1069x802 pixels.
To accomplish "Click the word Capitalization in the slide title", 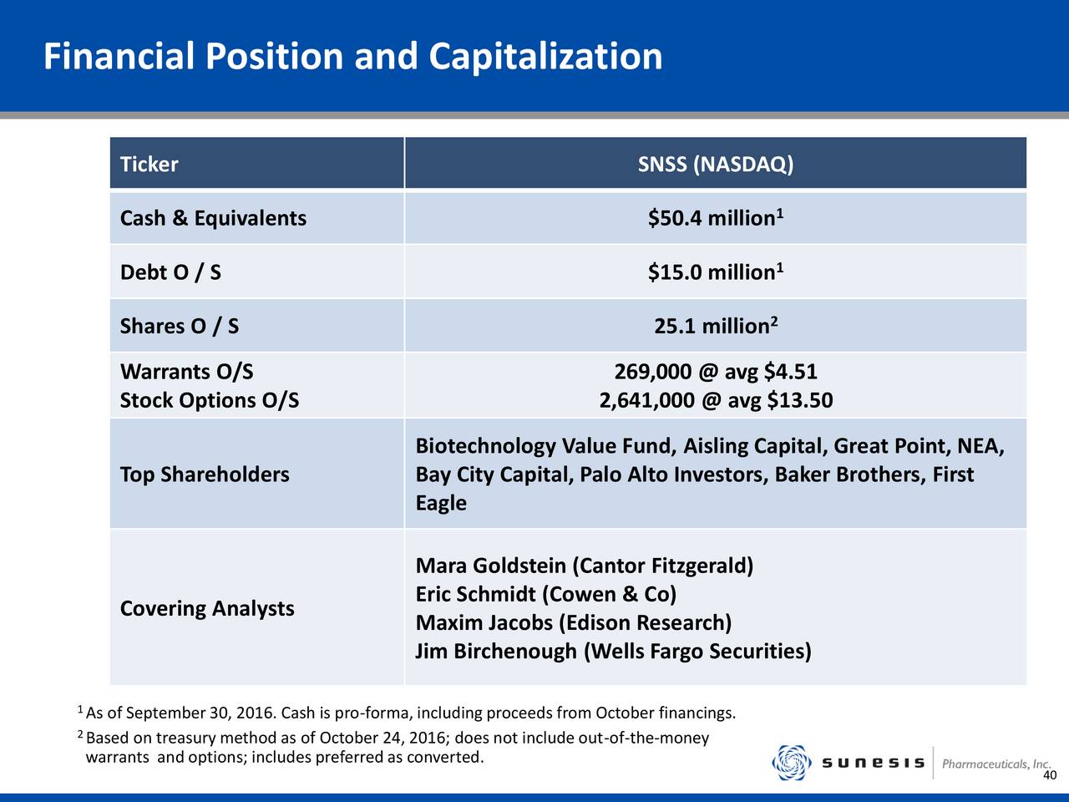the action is (545, 58).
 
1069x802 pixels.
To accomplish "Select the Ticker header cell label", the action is (149, 164).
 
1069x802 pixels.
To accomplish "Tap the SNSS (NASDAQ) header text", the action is (716, 164).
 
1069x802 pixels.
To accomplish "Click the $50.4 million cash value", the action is (716, 218).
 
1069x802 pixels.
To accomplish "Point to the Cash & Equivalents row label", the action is (213, 218).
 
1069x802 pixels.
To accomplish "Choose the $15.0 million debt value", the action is (716, 272).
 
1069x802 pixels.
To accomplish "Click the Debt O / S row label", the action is (170, 272).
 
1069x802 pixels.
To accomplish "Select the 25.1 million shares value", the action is (716, 326).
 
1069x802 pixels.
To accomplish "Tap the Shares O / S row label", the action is (180, 326).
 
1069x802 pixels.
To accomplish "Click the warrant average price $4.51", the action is (790, 372).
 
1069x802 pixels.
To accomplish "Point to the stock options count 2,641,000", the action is (646, 400).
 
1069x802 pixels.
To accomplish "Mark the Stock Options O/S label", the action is (210, 400).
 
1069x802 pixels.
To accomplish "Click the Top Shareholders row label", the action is (205, 475).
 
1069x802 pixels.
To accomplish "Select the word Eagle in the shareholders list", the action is (441, 503).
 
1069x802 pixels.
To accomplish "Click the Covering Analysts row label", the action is (207, 608).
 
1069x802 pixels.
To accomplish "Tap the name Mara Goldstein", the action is (490, 566).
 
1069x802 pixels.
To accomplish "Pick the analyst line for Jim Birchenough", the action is (613, 651).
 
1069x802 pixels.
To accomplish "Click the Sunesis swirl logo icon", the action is (792, 763).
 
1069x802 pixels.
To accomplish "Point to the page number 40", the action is (1050, 775).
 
